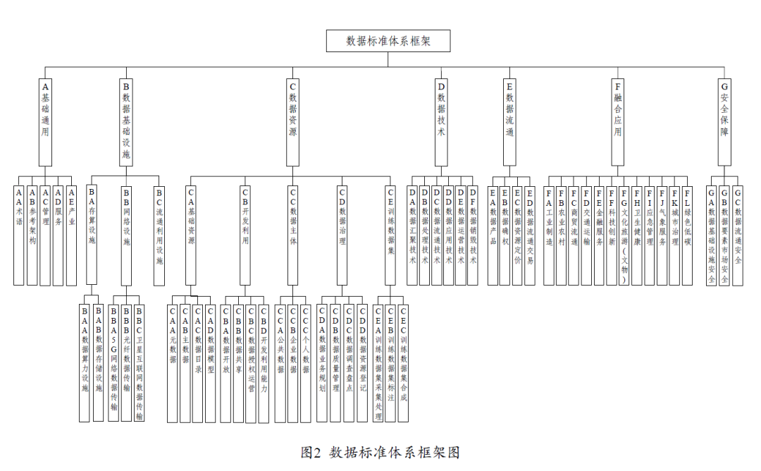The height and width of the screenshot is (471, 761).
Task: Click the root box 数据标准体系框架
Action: tap(388, 41)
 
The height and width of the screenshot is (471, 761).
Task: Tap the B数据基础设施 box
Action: tap(126, 121)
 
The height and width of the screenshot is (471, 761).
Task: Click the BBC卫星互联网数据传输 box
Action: tap(139, 362)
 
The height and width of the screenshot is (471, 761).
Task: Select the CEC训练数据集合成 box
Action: tap(403, 362)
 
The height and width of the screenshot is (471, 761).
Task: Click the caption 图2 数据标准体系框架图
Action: tap(380, 452)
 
